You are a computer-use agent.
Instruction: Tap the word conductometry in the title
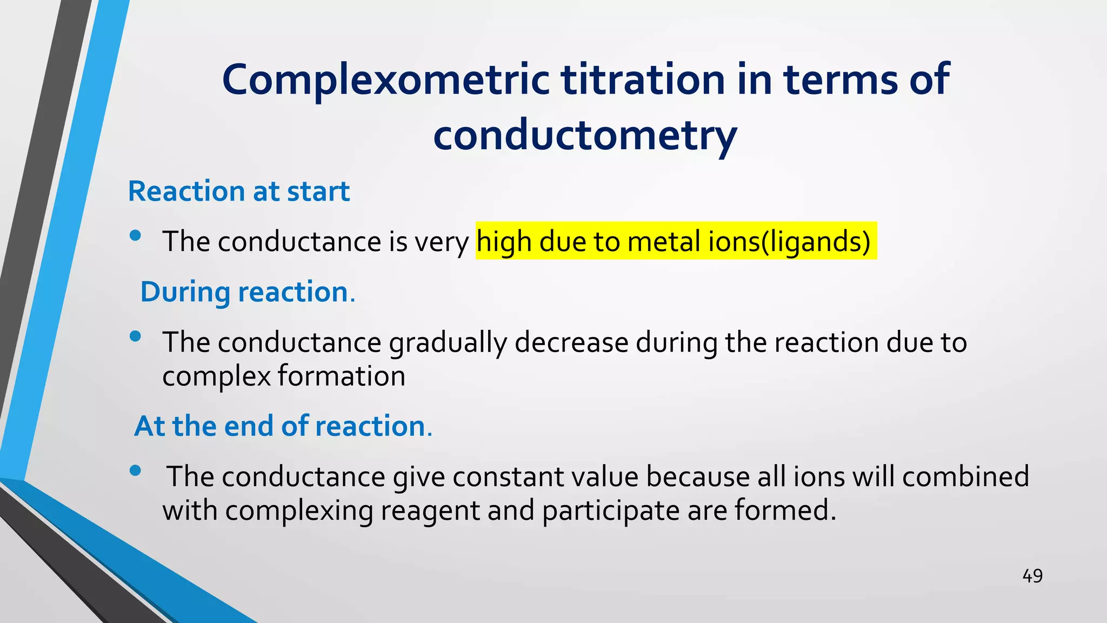coord(585,135)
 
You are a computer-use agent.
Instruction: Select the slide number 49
coord(1032,576)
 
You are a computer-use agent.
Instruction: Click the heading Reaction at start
coord(239,191)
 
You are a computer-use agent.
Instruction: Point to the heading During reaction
coord(247,292)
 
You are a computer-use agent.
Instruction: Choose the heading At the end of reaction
coord(283,426)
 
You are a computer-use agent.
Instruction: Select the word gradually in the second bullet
coord(448,343)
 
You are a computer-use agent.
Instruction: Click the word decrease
coord(572,343)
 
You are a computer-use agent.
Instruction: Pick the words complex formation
coord(284,376)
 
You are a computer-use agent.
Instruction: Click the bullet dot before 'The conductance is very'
coord(135,235)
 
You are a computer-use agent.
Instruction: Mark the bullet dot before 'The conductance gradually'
coord(135,336)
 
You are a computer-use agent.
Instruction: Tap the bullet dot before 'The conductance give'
coord(135,470)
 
